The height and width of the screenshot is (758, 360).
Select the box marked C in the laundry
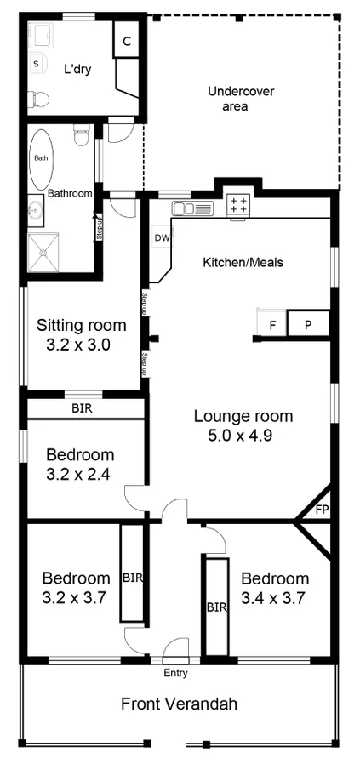pos(126,41)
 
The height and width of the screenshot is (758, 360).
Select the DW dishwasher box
pos(161,239)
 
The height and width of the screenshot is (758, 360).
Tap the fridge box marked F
pos(272,325)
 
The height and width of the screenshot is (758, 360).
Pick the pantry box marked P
pos(307,325)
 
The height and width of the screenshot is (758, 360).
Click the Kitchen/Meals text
pos(242,262)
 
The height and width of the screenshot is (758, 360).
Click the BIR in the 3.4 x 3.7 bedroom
pos(216,607)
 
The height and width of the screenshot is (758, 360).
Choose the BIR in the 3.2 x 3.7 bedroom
pos(132,577)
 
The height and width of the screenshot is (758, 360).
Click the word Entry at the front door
pos(175,673)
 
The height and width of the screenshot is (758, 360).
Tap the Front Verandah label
pos(179,704)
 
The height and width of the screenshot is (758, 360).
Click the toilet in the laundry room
pos(36,96)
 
